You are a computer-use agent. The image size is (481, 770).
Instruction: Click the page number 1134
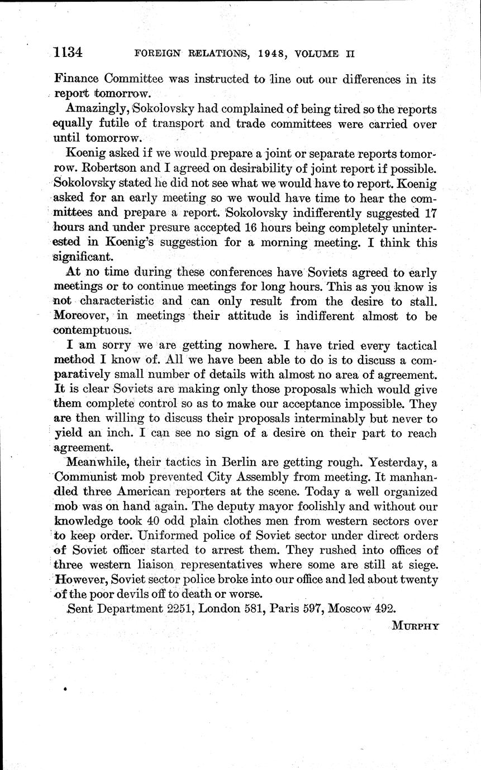(69, 53)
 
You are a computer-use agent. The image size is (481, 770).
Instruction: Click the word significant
(80, 257)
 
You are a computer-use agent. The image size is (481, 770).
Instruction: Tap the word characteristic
(117, 301)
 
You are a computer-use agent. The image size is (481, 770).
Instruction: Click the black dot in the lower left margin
(65, 690)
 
